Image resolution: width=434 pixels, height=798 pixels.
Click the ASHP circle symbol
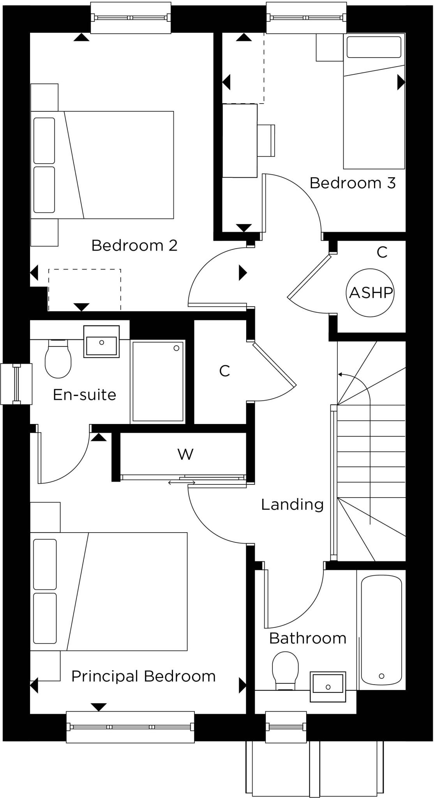(370, 292)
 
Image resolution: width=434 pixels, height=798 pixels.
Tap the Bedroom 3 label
(352, 183)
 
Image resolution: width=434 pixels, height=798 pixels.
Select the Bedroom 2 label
(134, 245)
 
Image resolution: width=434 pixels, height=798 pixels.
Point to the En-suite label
(85, 395)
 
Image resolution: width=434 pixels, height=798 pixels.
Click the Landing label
(292, 505)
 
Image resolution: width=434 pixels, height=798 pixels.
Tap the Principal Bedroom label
(143, 676)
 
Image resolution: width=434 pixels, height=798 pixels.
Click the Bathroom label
(307, 638)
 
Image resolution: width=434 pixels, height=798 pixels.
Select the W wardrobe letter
(185, 454)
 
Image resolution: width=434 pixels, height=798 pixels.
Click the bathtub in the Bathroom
(381, 630)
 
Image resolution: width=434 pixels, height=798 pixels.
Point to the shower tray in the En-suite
(158, 381)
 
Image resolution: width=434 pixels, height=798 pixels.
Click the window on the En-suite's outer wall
(16, 384)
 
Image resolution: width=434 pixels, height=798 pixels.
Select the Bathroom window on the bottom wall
(286, 726)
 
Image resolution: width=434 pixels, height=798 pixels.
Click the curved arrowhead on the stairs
(340, 374)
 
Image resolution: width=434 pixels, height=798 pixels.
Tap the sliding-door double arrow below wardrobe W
(182, 483)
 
